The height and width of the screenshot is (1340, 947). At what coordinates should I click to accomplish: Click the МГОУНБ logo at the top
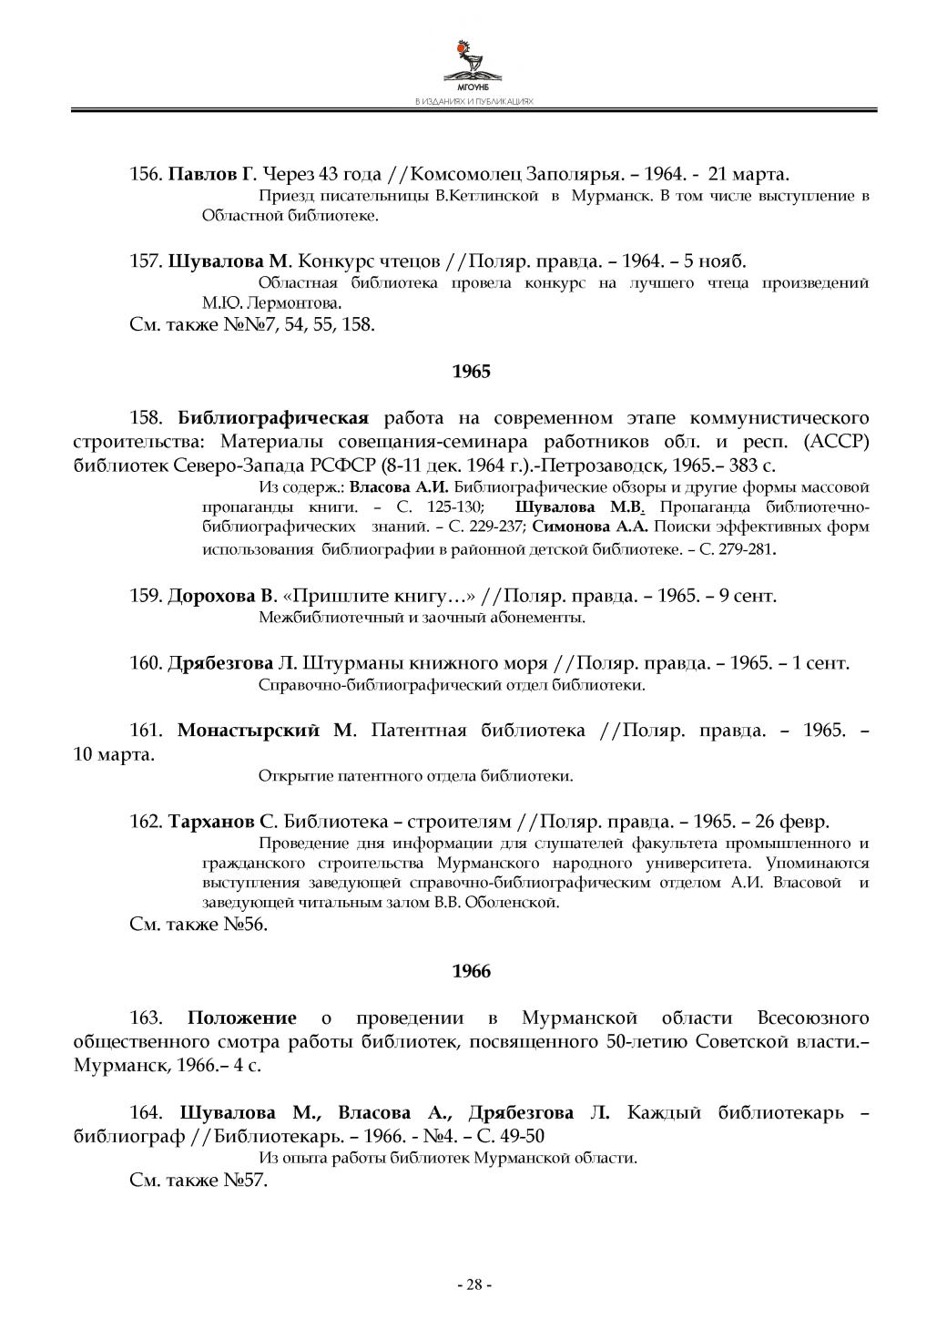coord(473,65)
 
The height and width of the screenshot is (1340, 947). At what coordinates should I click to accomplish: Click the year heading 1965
coord(472,372)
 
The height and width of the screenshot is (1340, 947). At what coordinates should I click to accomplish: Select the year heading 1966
coord(472,971)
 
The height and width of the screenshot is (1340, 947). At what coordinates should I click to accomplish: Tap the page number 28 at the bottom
coord(473,1284)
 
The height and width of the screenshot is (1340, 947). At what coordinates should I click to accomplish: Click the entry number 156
coord(146,174)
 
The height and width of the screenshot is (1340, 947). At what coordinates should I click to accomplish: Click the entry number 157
coord(146,261)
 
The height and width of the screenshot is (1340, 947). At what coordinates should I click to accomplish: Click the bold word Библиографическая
coord(272,418)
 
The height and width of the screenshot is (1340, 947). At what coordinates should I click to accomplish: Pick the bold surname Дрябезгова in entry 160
coord(220,663)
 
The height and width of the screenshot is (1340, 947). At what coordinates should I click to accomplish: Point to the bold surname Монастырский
coord(249,731)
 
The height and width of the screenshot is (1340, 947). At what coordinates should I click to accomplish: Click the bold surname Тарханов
coord(211,823)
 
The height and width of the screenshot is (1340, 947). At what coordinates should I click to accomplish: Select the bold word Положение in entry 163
coord(241,1018)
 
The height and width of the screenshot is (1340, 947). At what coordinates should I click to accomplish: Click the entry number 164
coord(147,1113)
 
